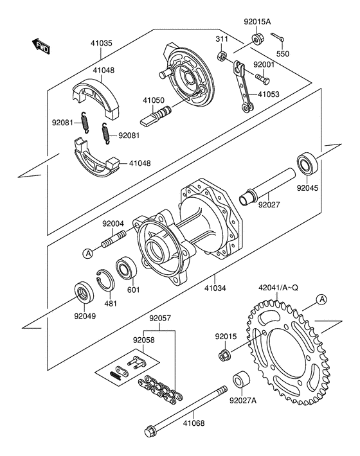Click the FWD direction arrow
click(x=40, y=46)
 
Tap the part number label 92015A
click(x=257, y=22)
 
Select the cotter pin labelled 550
click(x=278, y=37)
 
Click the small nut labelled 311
click(x=222, y=55)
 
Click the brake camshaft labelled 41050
click(x=156, y=116)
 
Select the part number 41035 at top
click(x=101, y=43)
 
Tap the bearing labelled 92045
click(x=307, y=162)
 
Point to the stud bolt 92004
click(x=114, y=239)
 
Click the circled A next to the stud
click(x=87, y=253)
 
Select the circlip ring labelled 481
click(x=105, y=280)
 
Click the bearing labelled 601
click(x=126, y=268)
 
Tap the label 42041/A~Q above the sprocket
click(x=278, y=288)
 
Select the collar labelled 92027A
click(x=241, y=380)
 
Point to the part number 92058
click(x=144, y=340)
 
